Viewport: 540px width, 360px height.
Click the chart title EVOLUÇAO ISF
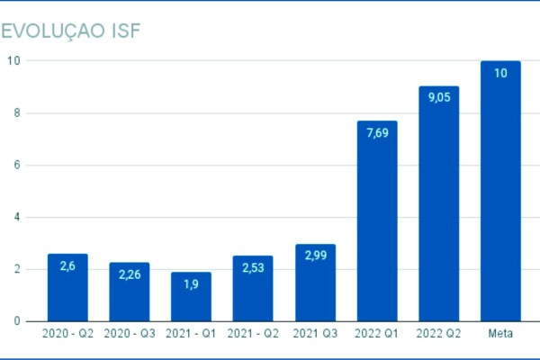(73, 31)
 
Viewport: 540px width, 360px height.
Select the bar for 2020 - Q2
(67, 288)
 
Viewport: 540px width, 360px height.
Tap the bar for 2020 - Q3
(130, 292)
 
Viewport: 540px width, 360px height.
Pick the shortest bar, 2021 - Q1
(191, 297)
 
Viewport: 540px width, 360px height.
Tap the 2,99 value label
(315, 258)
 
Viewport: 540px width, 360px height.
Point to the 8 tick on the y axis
(17, 112)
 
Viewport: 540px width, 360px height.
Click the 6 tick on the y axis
(17, 165)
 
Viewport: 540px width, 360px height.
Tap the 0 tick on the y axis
(17, 320)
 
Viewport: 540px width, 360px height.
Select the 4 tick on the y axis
(17, 217)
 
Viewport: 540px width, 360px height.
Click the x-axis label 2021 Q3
(315, 334)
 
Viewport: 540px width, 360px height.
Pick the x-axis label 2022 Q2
(439, 334)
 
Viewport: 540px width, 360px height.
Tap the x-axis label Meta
(500, 334)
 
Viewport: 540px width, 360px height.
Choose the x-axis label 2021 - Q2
(253, 334)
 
